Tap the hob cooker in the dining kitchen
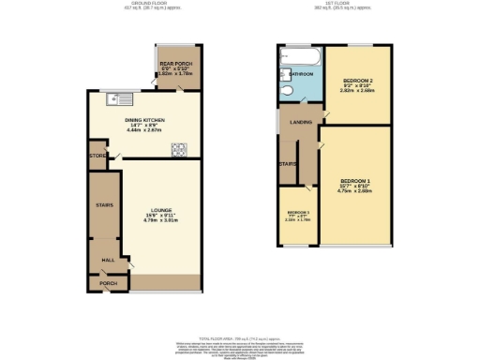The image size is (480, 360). (x=178, y=148)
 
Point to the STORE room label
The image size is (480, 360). (x=97, y=156)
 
